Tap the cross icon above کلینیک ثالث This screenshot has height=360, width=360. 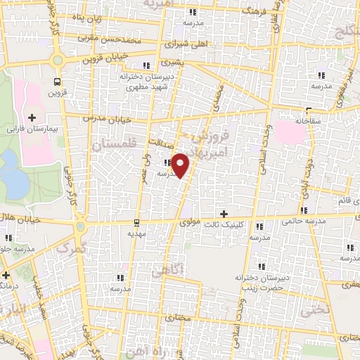(x=224, y=214)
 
